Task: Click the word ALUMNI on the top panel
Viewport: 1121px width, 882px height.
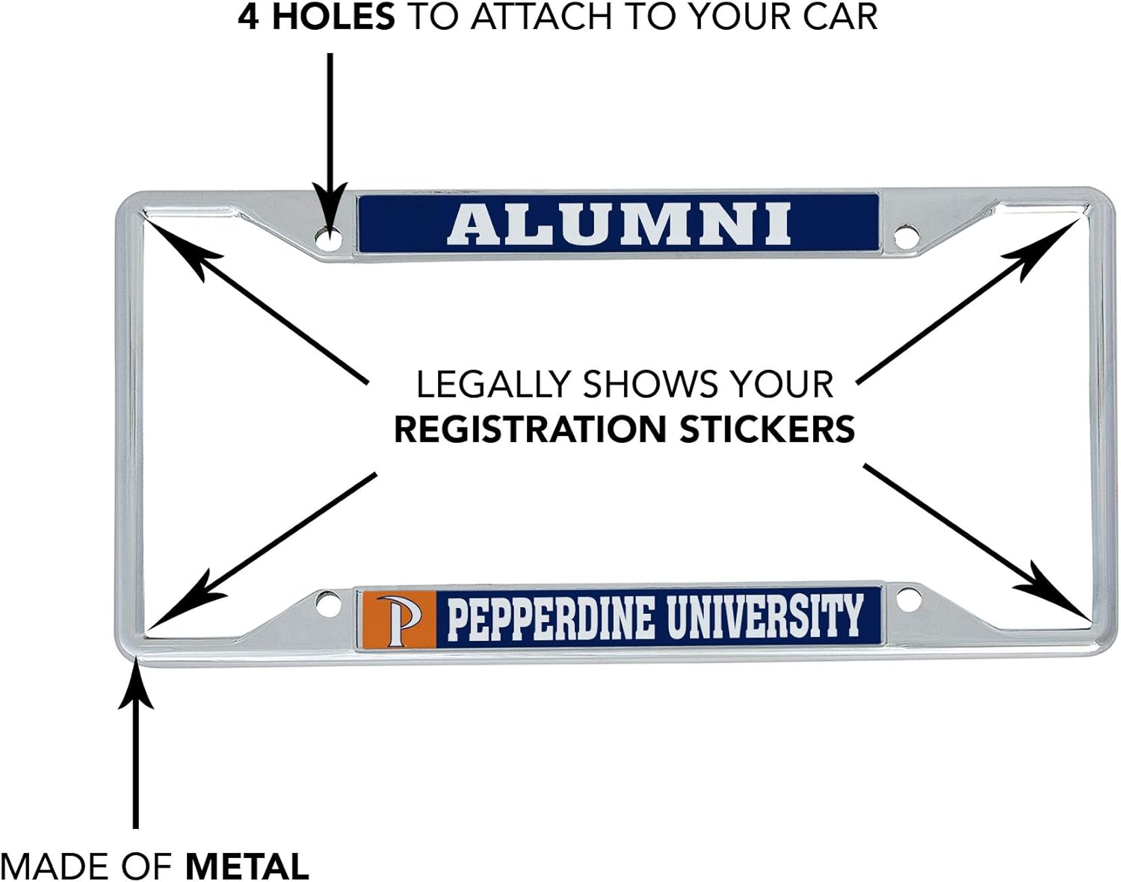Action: click(619, 224)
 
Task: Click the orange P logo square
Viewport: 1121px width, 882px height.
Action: click(398, 618)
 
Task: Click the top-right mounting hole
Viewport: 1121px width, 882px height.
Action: click(906, 238)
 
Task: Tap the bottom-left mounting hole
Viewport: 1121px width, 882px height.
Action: click(327, 603)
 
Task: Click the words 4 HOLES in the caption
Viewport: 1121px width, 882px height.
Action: click(316, 16)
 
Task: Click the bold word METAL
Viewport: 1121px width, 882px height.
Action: click(247, 866)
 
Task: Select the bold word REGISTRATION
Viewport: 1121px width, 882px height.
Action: click(530, 429)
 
